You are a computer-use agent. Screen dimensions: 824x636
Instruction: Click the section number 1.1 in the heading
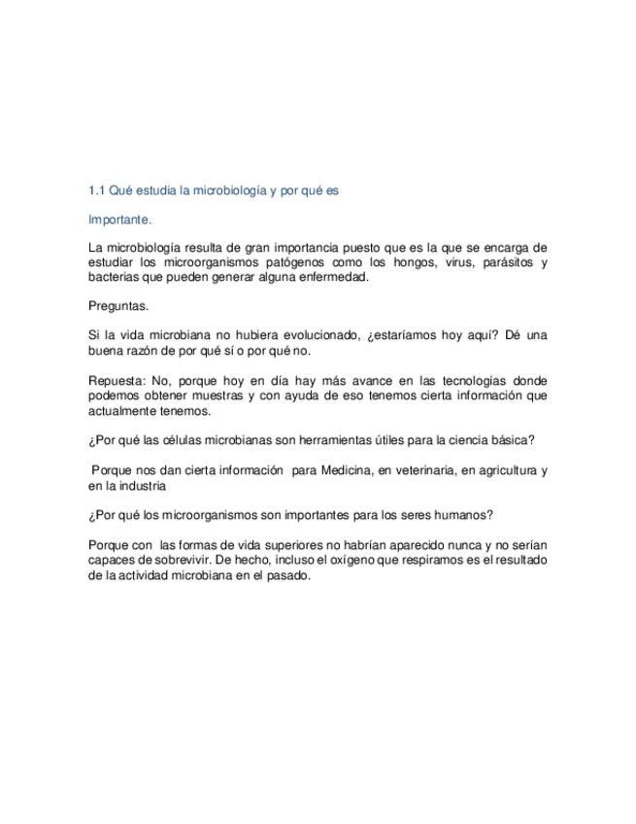click(96, 190)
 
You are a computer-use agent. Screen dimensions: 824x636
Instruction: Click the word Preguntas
click(118, 306)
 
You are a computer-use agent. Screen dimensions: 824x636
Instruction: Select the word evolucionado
click(318, 335)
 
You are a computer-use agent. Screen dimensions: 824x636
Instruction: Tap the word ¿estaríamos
click(406, 335)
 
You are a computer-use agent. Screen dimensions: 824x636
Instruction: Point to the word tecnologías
click(459, 381)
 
